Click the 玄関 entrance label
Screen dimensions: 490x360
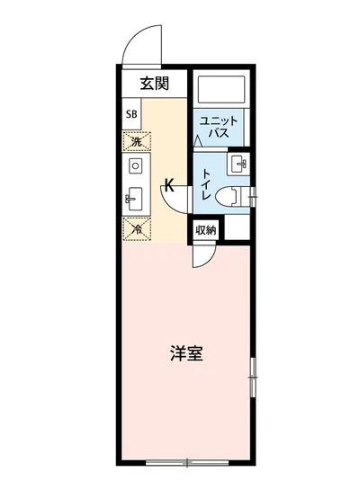155,85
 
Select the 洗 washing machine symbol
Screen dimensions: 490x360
136,141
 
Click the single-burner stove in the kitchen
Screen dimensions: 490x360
136,165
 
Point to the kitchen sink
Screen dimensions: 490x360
136,196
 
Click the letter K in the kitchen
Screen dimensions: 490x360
167,188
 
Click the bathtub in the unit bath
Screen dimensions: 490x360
222,91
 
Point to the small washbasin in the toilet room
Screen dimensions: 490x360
238,164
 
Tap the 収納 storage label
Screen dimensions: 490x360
206,230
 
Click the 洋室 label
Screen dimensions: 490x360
185,352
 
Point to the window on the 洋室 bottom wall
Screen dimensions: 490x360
185,464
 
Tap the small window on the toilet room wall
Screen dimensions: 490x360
254,192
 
